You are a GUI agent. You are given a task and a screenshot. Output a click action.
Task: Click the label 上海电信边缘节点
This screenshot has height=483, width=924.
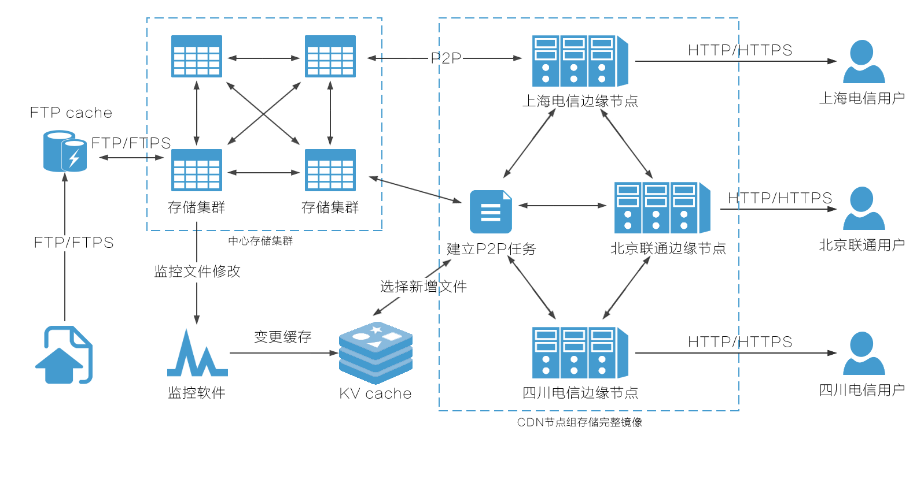(580, 101)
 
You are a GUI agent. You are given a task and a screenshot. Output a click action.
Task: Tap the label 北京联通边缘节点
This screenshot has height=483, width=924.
(668, 248)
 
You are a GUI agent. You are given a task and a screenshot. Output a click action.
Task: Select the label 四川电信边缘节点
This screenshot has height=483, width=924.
(580, 393)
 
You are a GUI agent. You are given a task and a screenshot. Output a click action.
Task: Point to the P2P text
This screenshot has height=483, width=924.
(446, 58)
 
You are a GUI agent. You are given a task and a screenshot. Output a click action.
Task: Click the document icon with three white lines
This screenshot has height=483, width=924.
(491, 212)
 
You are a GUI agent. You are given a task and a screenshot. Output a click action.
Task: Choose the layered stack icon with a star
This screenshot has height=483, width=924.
(376, 353)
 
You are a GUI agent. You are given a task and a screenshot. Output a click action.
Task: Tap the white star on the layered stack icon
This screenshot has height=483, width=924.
(376, 330)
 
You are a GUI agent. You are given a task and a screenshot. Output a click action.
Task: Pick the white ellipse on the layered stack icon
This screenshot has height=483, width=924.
(361, 336)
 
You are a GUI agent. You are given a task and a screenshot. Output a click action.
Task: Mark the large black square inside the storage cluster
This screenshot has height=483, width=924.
(263, 113)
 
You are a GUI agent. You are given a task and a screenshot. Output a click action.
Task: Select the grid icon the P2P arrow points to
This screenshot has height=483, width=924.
(330, 60)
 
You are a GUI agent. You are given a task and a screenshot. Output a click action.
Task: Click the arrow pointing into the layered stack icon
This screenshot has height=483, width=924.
(324, 353)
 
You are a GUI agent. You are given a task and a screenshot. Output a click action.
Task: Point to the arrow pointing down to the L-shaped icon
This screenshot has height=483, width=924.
(197, 303)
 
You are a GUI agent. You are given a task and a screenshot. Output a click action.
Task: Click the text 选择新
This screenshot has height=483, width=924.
(402, 287)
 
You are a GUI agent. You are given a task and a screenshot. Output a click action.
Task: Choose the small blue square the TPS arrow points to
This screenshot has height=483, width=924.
(65, 151)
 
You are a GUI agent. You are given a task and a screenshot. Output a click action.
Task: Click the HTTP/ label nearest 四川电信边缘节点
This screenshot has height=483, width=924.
(712, 342)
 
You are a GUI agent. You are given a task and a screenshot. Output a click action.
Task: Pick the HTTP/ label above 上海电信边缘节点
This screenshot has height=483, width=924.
(712, 50)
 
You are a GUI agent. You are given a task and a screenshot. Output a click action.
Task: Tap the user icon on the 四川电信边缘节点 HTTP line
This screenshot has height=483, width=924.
(864, 353)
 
